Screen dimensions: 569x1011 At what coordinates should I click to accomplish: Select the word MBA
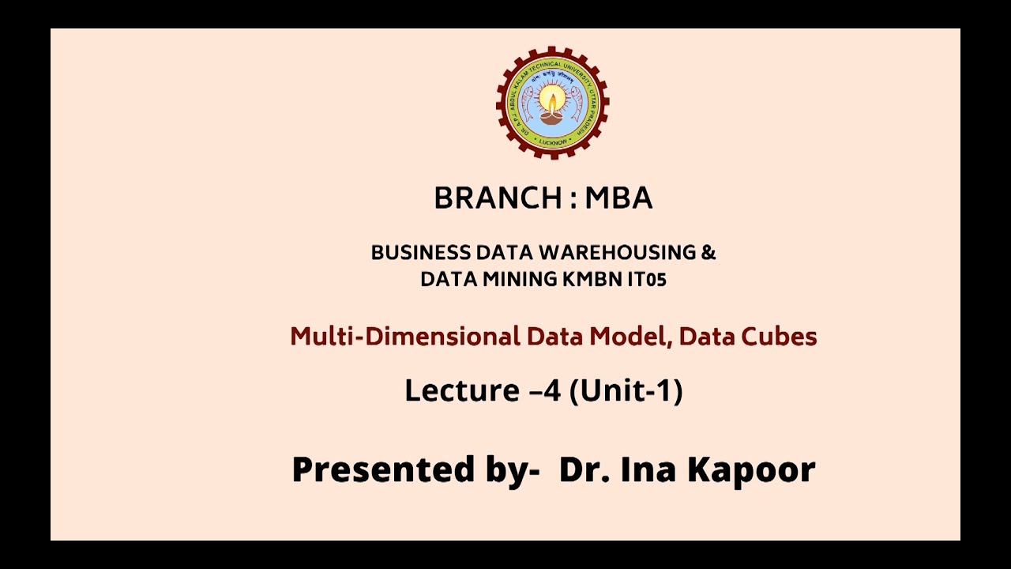[618, 198]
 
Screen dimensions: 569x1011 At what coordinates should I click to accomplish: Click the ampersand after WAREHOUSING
[708, 253]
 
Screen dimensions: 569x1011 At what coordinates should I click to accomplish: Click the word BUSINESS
[420, 253]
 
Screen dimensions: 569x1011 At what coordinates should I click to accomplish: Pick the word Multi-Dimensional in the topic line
[404, 337]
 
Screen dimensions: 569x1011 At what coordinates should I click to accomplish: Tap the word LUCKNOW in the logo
[552, 142]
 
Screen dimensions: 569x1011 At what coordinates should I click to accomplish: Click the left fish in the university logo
[528, 102]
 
